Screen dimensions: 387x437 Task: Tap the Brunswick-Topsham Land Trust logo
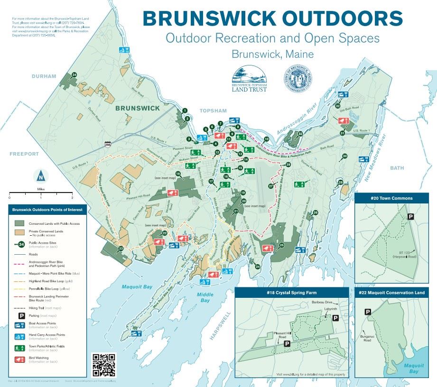[x=249, y=78]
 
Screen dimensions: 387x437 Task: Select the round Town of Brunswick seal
[x=298, y=78]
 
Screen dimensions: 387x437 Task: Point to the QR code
[x=103, y=365]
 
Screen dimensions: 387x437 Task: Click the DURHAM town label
[x=44, y=76]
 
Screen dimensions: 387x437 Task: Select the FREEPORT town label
[x=24, y=154]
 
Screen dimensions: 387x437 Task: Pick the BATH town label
[x=397, y=168]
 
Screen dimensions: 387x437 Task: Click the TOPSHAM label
[x=213, y=111]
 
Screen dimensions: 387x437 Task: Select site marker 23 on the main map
[x=121, y=249]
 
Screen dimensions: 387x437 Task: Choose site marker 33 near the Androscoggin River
[x=300, y=134]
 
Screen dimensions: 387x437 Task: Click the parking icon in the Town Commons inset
[x=411, y=216]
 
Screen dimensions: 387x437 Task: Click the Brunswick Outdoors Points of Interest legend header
[x=47, y=209]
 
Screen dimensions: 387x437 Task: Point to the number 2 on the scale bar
[x=72, y=197]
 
